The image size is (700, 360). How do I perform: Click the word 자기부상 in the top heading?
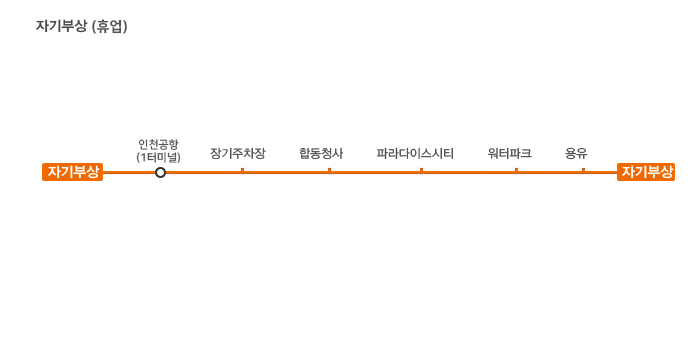[61, 26]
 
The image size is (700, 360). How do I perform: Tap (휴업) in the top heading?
[109, 26]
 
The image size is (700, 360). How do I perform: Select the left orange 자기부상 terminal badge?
[73, 172]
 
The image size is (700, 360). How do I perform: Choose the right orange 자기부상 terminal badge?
[646, 172]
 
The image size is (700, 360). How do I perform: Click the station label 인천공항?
[158, 144]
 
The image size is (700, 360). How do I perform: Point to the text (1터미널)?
[158, 157]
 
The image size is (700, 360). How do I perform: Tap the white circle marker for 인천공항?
[160, 172]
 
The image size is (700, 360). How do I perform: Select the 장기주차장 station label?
[238, 154]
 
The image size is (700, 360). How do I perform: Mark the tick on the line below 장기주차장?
[242, 170]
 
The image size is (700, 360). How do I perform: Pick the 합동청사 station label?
[321, 154]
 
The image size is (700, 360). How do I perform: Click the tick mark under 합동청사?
[329, 170]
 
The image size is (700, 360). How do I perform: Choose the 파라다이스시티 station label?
[415, 154]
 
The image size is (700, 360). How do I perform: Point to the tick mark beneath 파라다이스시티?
[421, 170]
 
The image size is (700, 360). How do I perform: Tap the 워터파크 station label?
[509, 154]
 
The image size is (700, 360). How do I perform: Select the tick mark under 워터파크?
[517, 170]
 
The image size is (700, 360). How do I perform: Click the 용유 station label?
[576, 154]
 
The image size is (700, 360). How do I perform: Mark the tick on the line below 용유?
[583, 170]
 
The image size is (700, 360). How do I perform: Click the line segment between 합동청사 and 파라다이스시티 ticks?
[375, 172]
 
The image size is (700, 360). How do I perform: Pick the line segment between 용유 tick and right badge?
[600, 172]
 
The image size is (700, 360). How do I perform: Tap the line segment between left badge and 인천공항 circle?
[129, 172]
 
